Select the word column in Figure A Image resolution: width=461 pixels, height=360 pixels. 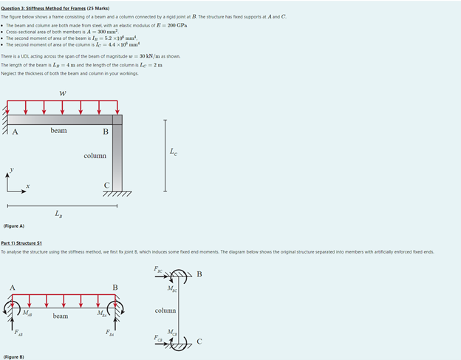point(95,156)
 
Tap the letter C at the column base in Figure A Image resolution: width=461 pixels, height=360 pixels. point(106,185)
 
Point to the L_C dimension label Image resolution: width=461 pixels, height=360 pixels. point(173,152)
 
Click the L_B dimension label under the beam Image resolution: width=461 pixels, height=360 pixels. point(58,214)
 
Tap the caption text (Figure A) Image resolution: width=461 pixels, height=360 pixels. point(13,226)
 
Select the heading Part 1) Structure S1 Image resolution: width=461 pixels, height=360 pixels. point(21,243)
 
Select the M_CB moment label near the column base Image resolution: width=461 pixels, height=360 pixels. point(171,331)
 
